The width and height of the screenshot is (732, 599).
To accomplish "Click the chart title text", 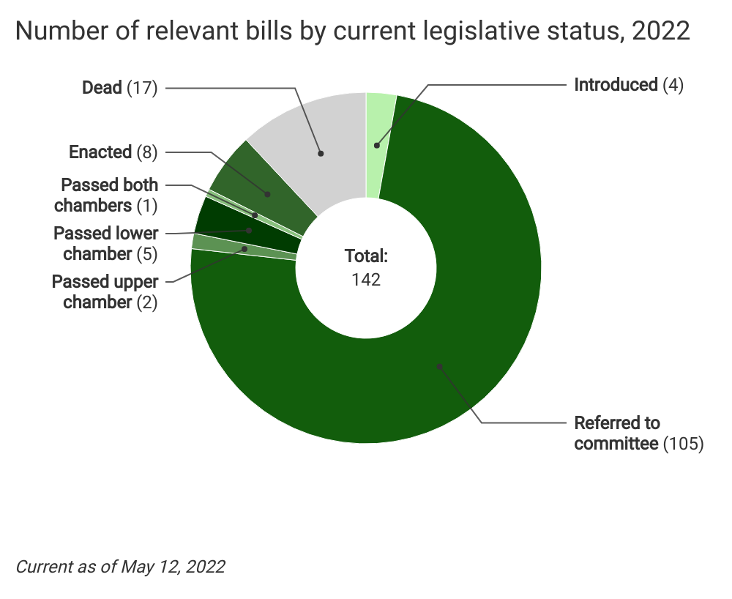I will click(x=352, y=31).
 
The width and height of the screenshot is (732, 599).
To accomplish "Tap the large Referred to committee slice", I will click(x=439, y=351).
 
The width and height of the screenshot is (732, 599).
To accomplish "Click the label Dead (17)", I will click(x=120, y=88).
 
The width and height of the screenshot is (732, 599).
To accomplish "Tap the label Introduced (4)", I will click(x=628, y=85).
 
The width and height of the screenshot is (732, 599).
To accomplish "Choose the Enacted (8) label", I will click(x=113, y=152).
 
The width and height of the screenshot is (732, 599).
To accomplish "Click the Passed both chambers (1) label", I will click(x=110, y=195).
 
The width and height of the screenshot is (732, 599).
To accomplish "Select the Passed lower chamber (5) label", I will click(x=106, y=244).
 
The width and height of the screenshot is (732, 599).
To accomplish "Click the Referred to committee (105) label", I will click(x=638, y=434).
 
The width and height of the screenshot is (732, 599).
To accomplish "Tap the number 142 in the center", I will click(x=366, y=279).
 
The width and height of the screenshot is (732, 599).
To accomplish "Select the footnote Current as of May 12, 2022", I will click(x=120, y=567).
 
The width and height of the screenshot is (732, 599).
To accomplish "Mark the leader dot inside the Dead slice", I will click(x=320, y=153).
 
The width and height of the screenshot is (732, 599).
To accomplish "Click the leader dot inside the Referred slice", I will click(x=439, y=366).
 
